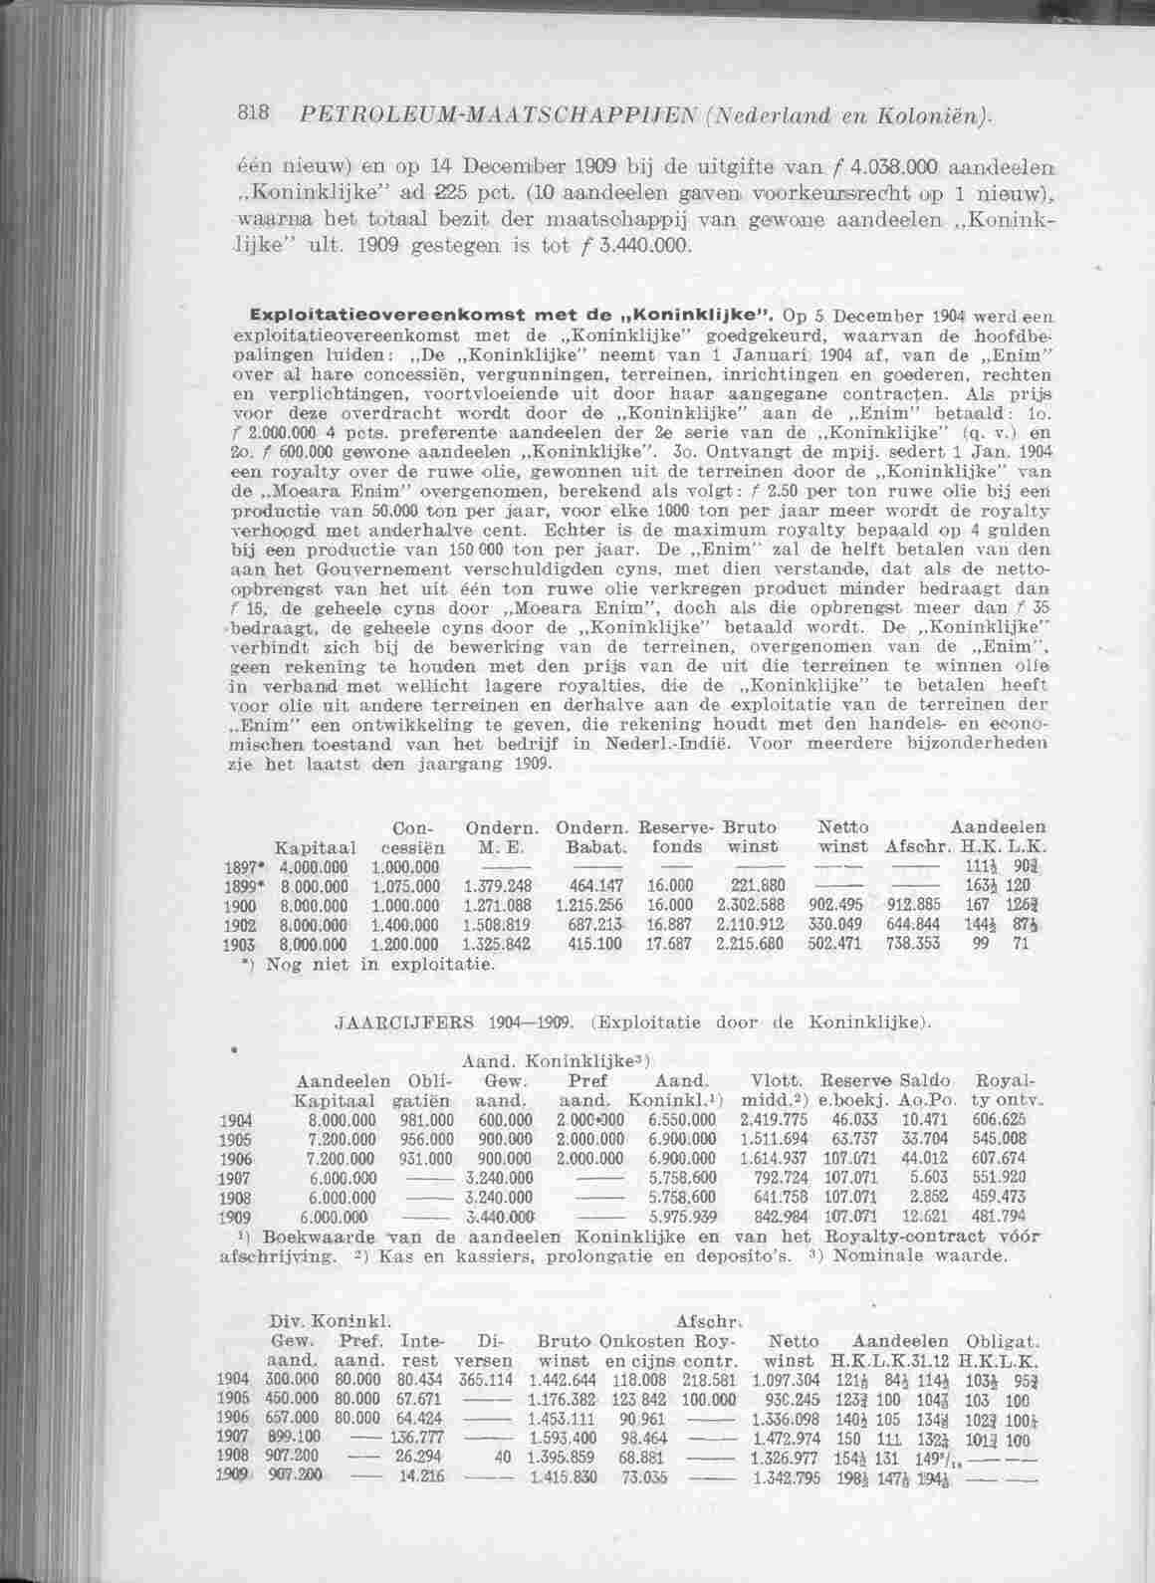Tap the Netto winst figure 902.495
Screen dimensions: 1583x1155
[831, 905]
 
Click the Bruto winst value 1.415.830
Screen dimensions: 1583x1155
[563, 1470]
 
